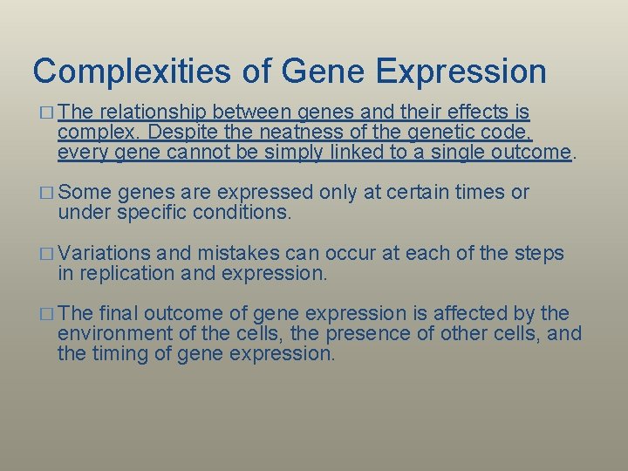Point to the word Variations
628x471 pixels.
pos(105,254)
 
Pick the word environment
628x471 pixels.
pos(116,334)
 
